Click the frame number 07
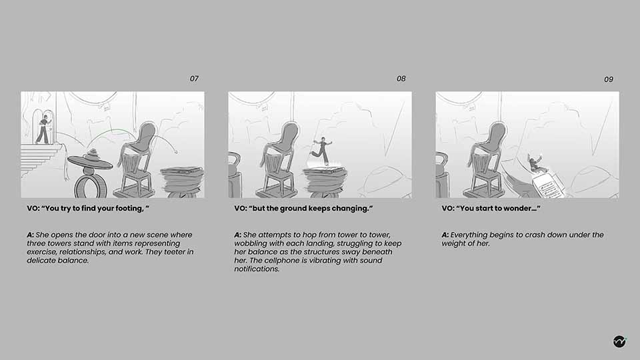click(194, 79)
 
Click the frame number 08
click(401, 79)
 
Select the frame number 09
click(609, 79)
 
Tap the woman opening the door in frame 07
click(43, 129)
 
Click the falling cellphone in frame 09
click(548, 185)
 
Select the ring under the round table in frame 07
click(91, 187)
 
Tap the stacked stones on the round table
click(92, 155)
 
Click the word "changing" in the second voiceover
click(352, 209)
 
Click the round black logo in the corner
click(619, 341)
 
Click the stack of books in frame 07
click(183, 181)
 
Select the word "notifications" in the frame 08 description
click(257, 269)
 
